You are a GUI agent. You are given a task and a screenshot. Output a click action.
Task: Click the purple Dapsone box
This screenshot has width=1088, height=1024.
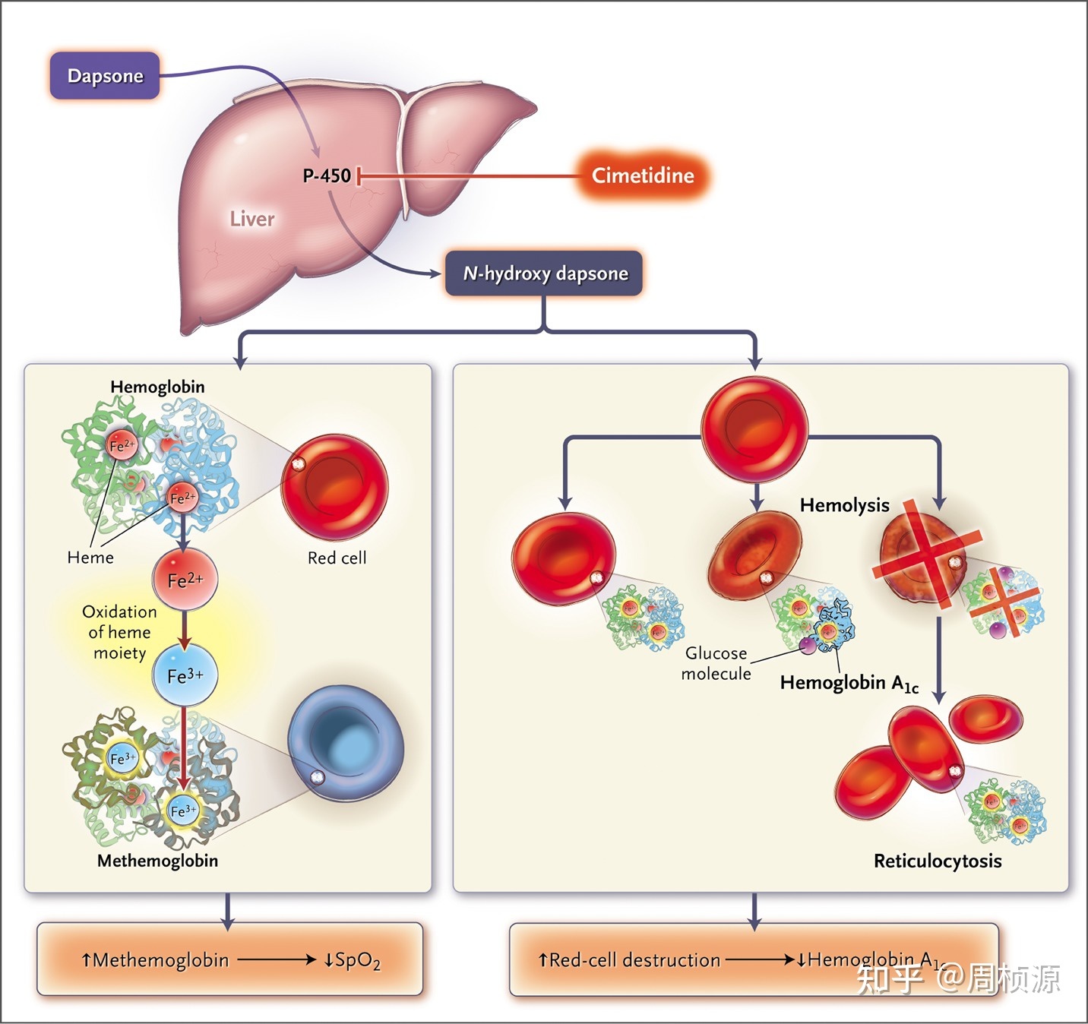105,75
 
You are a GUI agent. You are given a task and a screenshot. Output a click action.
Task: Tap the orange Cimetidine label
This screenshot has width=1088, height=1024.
643,175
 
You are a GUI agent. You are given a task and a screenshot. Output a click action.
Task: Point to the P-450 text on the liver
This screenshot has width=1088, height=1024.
327,175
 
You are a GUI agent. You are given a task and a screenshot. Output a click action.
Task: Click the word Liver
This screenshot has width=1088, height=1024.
252,219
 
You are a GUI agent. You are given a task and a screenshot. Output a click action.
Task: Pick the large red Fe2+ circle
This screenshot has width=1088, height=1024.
185,580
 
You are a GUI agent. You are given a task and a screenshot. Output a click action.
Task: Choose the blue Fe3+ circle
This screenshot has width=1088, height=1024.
185,675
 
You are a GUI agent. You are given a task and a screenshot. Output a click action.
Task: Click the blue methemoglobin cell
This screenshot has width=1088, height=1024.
346,743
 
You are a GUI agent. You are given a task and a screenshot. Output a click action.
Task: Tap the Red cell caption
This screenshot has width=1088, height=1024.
337,558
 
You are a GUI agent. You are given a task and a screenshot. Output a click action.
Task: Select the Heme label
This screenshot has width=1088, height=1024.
90,558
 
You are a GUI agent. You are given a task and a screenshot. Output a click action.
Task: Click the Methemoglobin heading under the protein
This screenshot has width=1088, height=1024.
157,861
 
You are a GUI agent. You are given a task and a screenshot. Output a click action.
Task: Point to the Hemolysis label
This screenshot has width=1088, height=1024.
844,505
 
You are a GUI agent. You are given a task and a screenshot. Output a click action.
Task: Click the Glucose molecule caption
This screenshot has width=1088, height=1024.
716,663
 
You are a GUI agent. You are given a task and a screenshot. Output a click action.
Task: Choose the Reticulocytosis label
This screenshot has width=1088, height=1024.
938,861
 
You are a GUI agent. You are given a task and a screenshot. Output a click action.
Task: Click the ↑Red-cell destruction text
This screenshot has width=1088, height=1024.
629,960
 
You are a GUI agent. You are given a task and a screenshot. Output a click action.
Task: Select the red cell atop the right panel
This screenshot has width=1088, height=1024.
754,430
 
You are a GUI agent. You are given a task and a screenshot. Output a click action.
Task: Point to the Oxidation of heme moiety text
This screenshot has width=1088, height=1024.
119,632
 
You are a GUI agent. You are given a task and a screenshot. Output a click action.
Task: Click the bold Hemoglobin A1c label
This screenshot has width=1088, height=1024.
849,683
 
